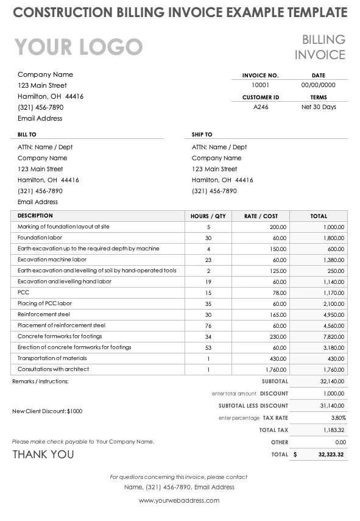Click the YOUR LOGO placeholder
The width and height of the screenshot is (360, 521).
79,47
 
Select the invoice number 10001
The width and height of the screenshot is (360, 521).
260,85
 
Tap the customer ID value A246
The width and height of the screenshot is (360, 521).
260,107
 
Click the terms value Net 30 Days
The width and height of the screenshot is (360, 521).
319,107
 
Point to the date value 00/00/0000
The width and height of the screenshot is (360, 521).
319,85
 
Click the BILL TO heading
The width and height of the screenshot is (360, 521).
27,134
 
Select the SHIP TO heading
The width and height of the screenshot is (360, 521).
202,134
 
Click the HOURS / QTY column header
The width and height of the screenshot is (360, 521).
208,216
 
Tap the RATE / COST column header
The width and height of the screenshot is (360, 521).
261,216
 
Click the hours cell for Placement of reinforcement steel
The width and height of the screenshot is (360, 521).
208,325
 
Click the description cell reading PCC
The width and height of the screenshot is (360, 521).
23,292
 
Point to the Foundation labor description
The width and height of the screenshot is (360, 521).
40,238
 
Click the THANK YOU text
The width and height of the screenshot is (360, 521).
43,455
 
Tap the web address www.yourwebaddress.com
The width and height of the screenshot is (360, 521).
179,500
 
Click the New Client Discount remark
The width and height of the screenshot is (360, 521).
47,411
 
